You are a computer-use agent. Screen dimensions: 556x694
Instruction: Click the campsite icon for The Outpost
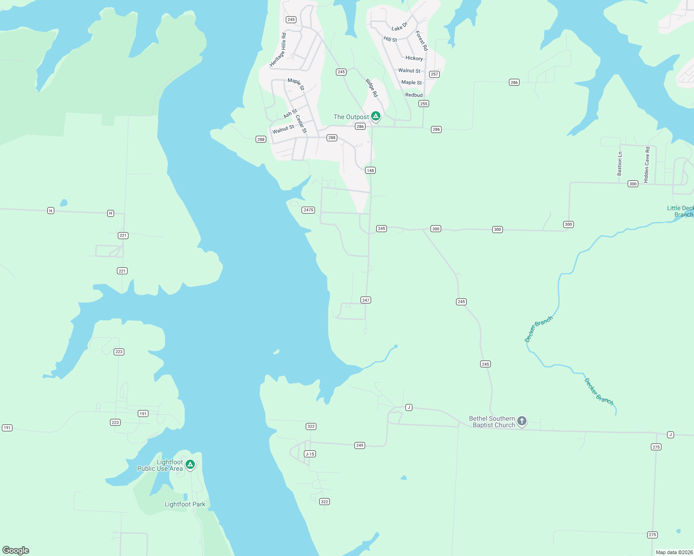tap(376, 116)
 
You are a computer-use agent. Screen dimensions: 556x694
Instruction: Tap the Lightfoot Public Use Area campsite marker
tap(190, 464)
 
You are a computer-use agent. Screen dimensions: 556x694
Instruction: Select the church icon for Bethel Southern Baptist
tap(522, 421)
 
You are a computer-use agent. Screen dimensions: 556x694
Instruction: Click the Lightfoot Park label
tap(185, 504)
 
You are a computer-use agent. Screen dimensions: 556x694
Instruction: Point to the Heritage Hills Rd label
tap(278, 50)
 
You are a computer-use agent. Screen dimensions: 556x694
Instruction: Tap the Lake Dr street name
tap(399, 26)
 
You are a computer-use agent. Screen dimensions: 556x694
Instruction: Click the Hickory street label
tap(414, 58)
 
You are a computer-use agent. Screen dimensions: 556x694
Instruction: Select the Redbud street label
tap(414, 95)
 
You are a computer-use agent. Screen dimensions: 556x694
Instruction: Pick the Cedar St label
tap(301, 124)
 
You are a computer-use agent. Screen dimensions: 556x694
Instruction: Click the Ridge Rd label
tap(372, 88)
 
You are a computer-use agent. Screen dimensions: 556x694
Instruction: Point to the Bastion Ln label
tap(620, 164)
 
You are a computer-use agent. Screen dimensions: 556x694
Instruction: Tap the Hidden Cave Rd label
tap(647, 162)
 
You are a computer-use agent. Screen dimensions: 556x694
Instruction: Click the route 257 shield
tap(434, 74)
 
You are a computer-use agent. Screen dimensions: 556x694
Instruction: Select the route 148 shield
tap(370, 171)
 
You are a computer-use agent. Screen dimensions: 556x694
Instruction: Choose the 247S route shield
tap(308, 210)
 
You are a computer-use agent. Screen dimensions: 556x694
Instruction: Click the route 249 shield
tap(360, 445)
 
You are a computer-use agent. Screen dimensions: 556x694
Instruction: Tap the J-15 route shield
tap(310, 454)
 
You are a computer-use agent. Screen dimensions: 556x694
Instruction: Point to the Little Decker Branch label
tap(681, 211)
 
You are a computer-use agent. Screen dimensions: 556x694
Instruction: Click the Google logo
tap(16, 550)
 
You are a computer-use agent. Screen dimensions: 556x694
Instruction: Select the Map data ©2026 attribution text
tap(674, 552)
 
